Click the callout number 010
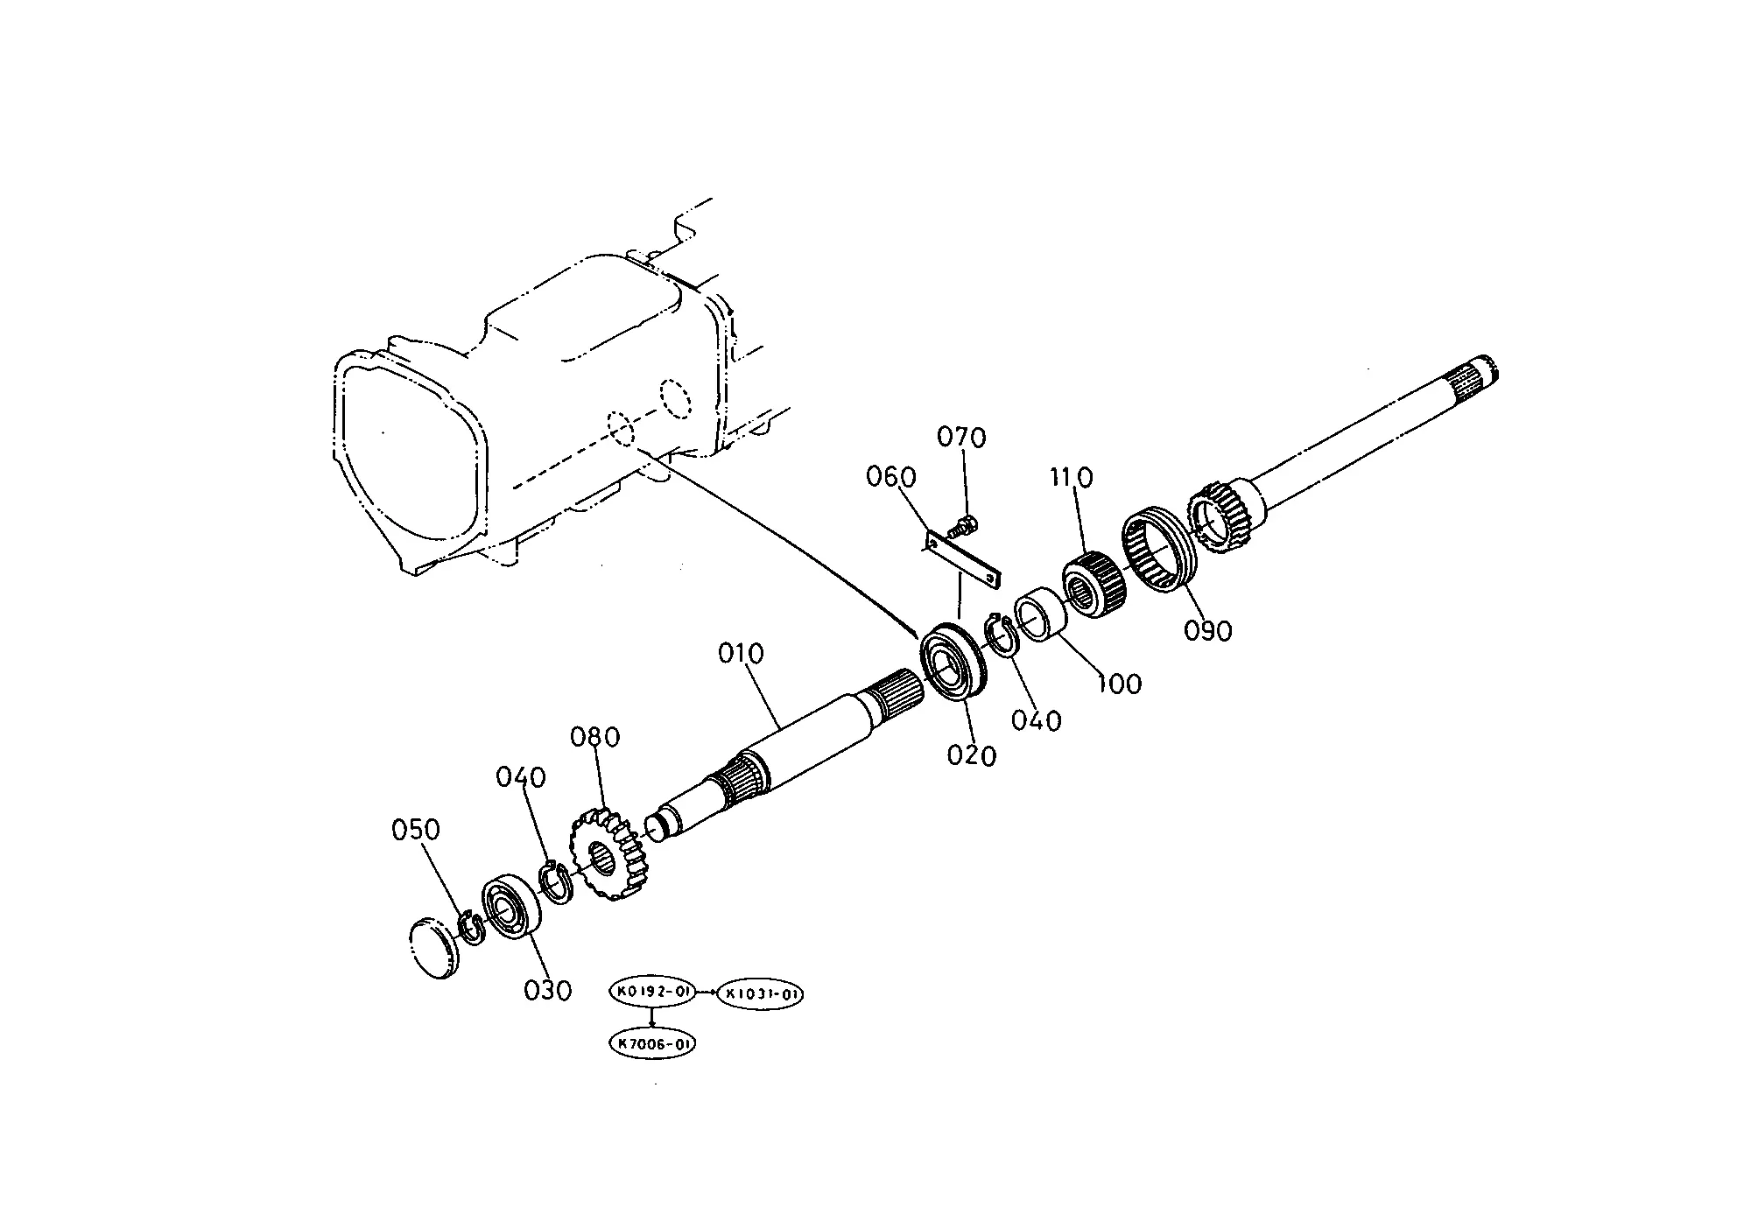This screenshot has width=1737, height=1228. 741,654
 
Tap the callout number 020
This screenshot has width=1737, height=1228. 972,754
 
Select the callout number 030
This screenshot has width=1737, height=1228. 547,991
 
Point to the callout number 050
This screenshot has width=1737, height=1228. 415,830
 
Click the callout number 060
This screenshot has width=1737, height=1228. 891,477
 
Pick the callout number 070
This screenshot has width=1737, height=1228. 961,437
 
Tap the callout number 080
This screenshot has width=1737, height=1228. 595,737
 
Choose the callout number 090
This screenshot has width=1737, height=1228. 1208,630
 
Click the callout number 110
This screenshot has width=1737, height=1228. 1072,478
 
